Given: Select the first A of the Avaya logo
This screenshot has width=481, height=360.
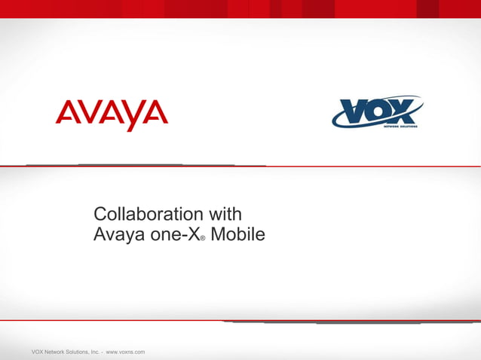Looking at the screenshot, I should pyautogui.click(x=66, y=114).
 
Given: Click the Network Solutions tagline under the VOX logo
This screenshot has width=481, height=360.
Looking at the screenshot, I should pyautogui.click(x=401, y=127).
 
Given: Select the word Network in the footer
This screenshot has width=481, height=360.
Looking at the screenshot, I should pyautogui.click(x=57, y=352).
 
